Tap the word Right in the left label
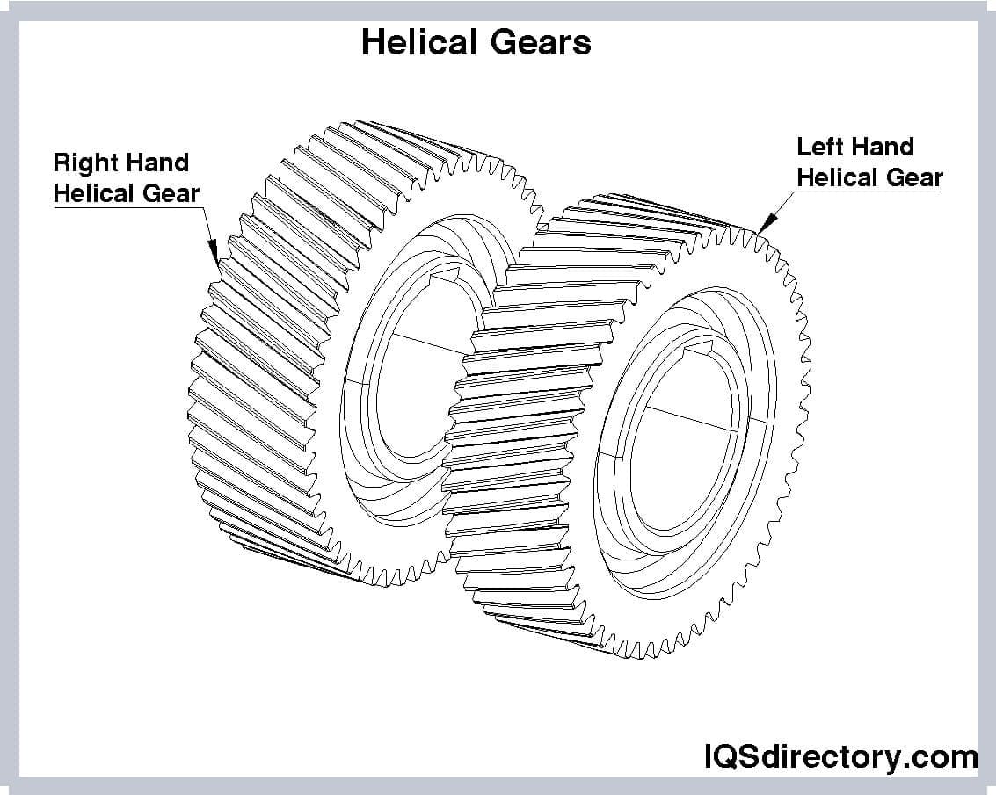point(84,163)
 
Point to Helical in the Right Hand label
point(94,193)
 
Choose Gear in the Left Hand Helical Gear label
point(913,177)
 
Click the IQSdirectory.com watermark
point(840,756)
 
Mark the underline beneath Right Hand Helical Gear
point(127,206)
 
